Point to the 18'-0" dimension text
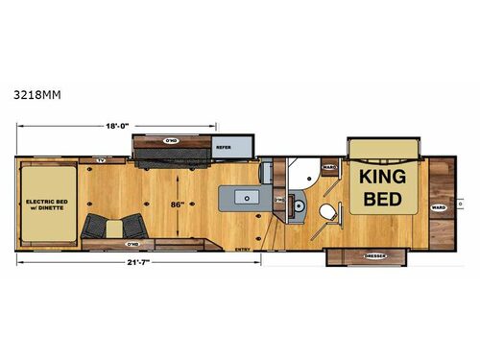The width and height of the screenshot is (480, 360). (119, 124)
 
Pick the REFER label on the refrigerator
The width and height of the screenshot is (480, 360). (224, 147)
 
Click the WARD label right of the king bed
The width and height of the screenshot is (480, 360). (438, 206)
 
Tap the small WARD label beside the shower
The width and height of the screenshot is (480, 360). (327, 167)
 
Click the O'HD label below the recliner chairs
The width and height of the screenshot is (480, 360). (123, 245)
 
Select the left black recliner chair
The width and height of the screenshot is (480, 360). (96, 228)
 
